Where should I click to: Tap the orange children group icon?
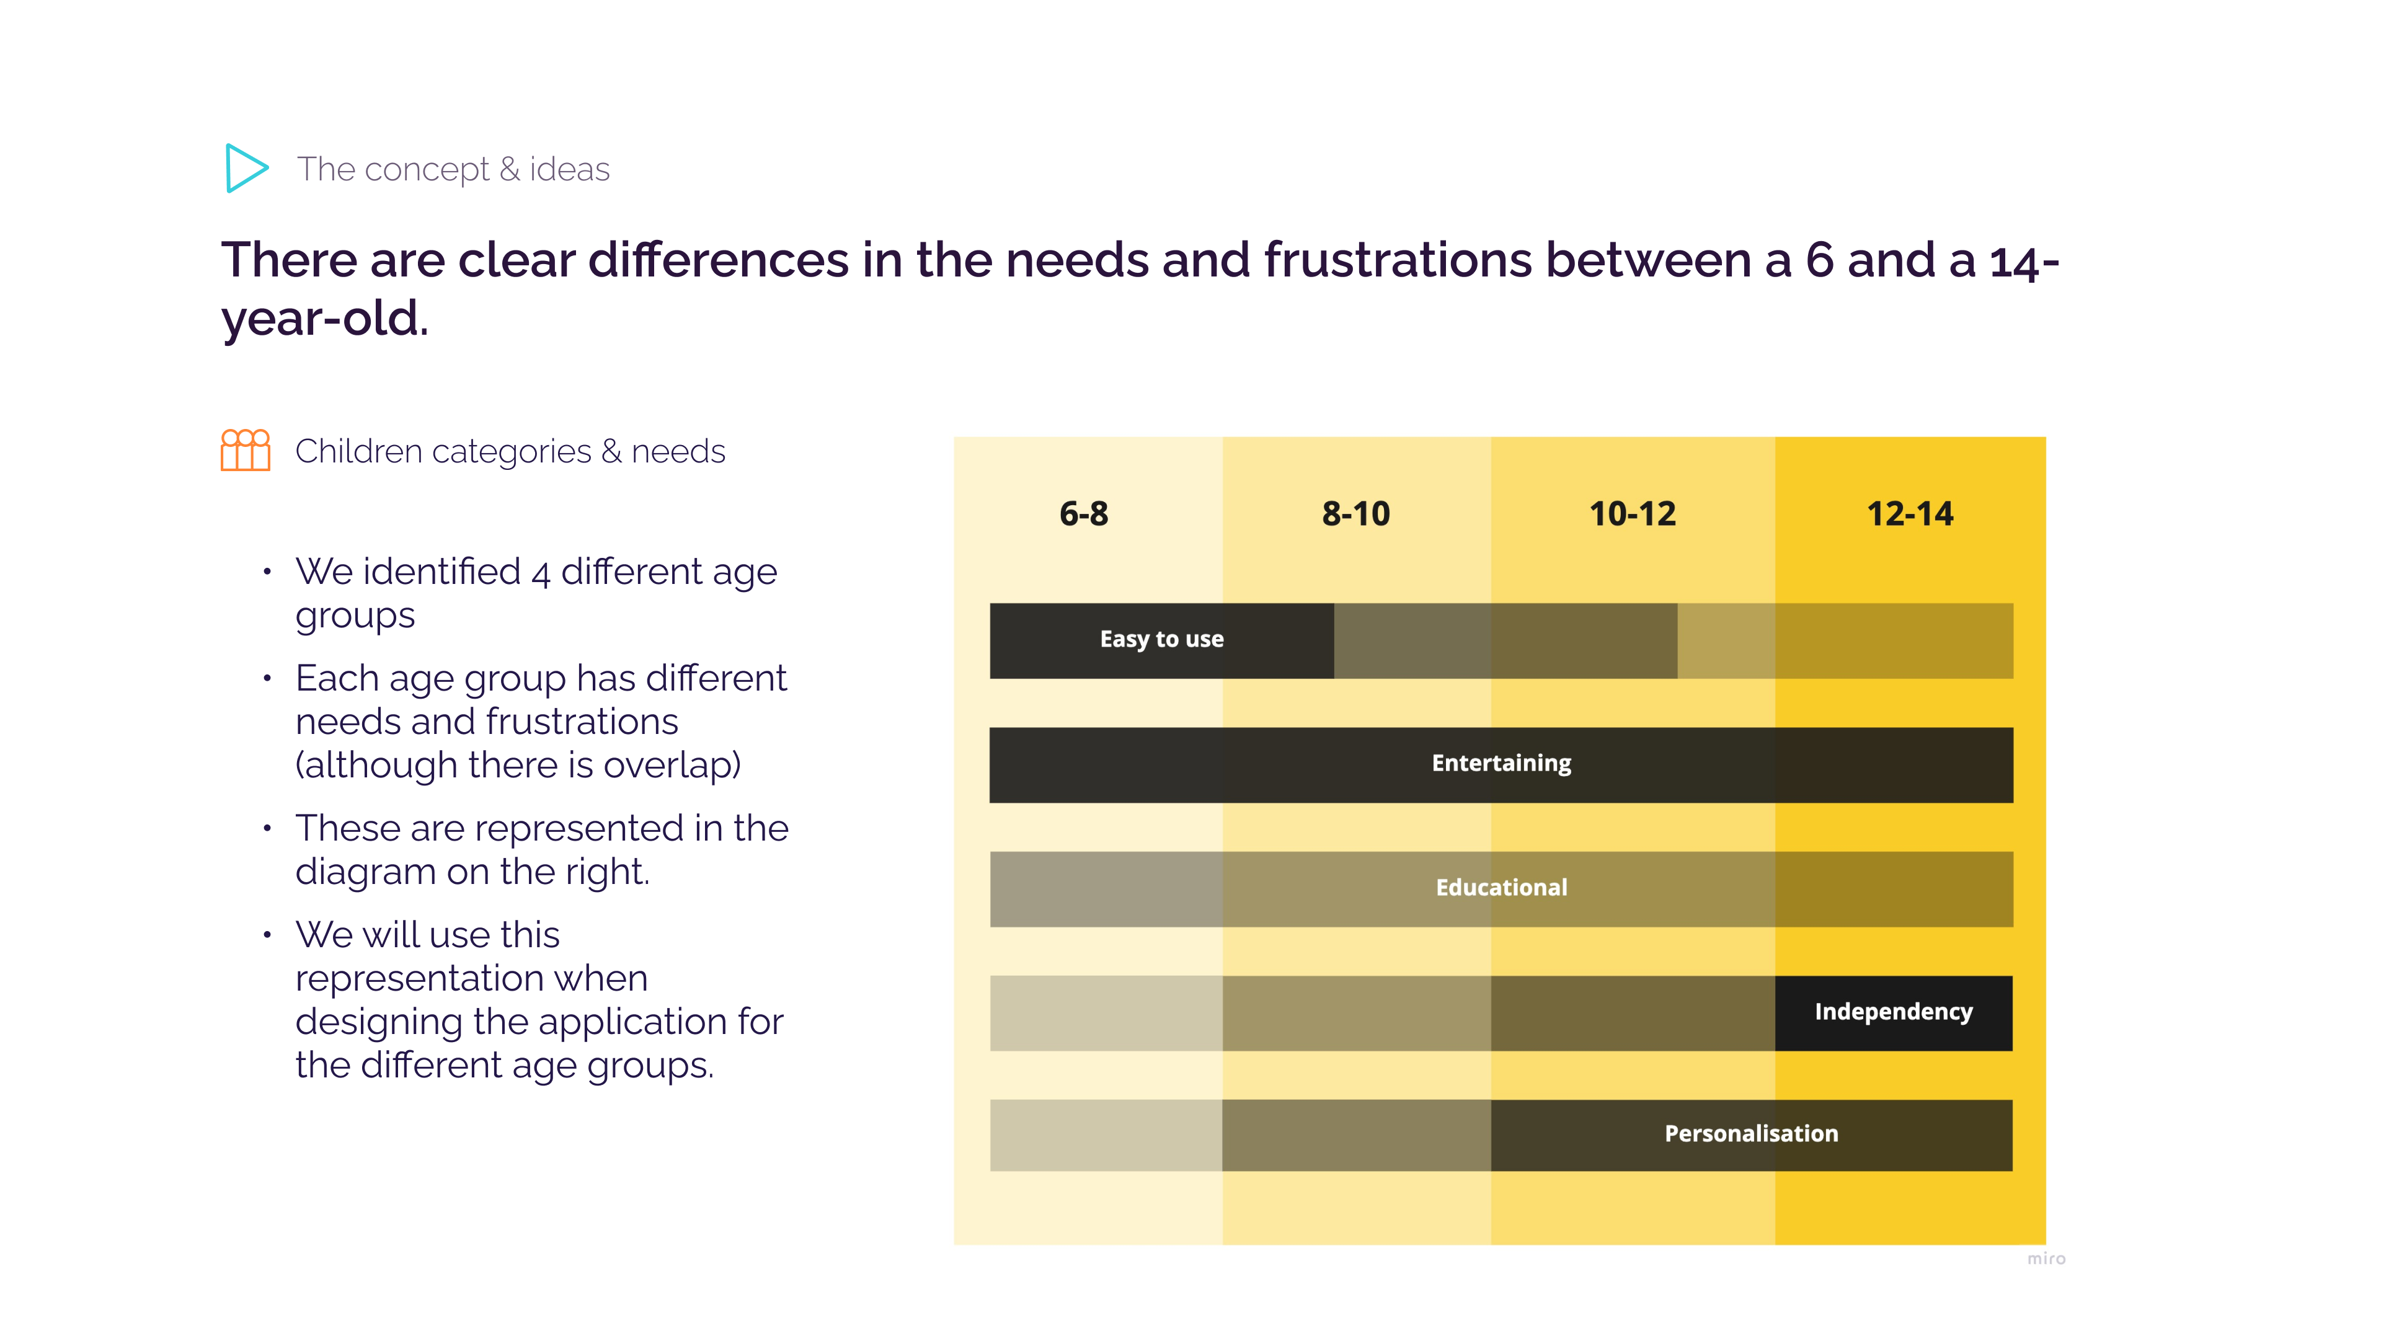[x=245, y=450]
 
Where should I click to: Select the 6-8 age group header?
[x=1083, y=514]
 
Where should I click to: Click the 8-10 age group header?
[x=1355, y=514]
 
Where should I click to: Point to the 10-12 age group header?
[x=1633, y=514]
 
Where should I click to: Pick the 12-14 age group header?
[x=1910, y=514]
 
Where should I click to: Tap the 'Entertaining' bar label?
[x=1501, y=763]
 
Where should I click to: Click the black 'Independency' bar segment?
[x=1893, y=1012]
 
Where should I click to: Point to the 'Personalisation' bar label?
[x=1750, y=1134]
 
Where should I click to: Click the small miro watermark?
[x=2046, y=1258]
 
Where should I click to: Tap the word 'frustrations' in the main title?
[x=1398, y=260]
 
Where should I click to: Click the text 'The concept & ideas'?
[x=453, y=169]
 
